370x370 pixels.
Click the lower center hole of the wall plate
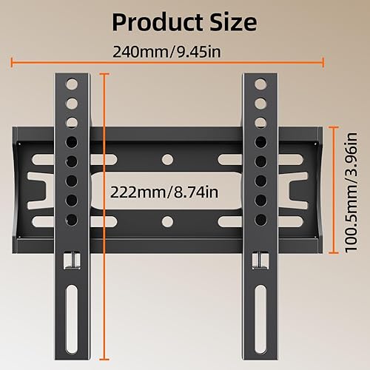pos(167,221)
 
